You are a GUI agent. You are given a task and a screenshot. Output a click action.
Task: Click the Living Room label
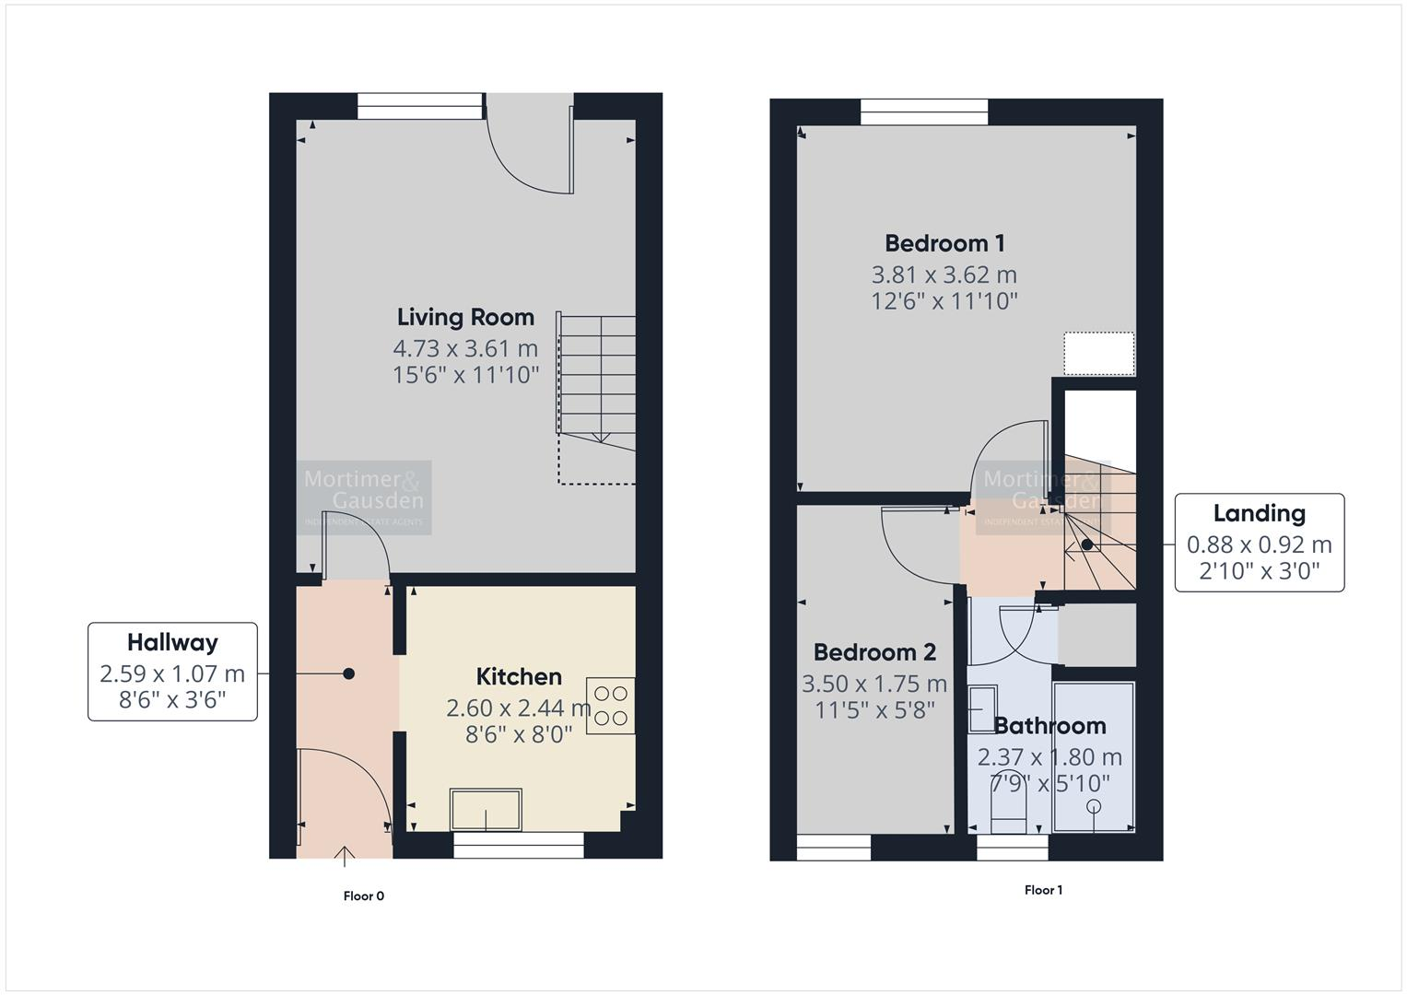pyautogui.click(x=465, y=317)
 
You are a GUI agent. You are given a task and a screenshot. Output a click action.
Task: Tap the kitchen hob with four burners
pyautogui.click(x=610, y=706)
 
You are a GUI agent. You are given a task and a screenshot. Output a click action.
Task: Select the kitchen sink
pyautogui.click(x=486, y=810)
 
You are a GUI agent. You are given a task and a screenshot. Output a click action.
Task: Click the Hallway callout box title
pyautogui.click(x=172, y=642)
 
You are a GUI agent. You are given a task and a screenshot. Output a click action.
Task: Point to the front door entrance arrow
pyautogui.click(x=346, y=857)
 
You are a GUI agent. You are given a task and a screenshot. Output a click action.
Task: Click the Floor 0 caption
pyautogui.click(x=363, y=895)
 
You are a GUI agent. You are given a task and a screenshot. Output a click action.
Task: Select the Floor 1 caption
pyautogui.click(x=1043, y=890)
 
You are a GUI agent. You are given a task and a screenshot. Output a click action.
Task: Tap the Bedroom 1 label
pyautogui.click(x=944, y=243)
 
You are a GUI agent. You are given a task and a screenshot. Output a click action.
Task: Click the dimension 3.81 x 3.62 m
pyautogui.click(x=944, y=275)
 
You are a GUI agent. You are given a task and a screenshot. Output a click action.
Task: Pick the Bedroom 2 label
pyautogui.click(x=874, y=652)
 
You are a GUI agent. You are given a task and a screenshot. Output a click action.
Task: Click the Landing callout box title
pyautogui.click(x=1259, y=513)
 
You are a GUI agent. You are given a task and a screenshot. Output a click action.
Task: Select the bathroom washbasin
pyautogui.click(x=982, y=707)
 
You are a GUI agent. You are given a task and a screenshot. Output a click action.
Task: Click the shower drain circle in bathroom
pyautogui.click(x=1094, y=807)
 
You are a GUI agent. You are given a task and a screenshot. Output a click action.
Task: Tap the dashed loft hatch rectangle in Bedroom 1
pyautogui.click(x=1099, y=354)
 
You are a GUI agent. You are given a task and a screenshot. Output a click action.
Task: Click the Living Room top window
pyautogui.click(x=420, y=106)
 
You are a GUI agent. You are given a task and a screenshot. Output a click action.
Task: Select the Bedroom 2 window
pyautogui.click(x=833, y=847)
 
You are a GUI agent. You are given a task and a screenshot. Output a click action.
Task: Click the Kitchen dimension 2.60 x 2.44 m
pyautogui.click(x=518, y=708)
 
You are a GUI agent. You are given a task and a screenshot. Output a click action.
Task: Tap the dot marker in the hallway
pyautogui.click(x=348, y=673)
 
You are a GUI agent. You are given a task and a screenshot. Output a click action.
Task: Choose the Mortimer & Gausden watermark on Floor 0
pyautogui.click(x=364, y=497)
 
